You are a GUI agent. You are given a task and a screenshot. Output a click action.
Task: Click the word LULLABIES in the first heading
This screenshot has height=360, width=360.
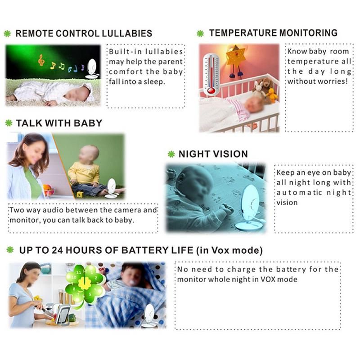click(x=127, y=33)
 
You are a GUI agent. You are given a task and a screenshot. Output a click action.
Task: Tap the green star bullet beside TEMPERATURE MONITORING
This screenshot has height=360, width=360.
click(x=200, y=33)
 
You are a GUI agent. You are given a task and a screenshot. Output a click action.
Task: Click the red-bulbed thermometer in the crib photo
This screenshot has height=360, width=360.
click(x=211, y=74)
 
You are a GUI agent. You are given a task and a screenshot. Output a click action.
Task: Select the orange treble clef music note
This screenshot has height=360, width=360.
click(x=41, y=60)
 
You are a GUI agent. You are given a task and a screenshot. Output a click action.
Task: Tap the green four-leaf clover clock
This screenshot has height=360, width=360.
click(x=84, y=284)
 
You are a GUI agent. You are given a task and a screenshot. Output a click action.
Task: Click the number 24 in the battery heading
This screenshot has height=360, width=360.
click(x=57, y=250)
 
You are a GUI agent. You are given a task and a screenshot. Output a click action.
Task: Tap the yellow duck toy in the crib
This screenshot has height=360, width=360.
click(x=272, y=95)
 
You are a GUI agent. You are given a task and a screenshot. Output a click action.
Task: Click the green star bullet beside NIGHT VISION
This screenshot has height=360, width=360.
click(x=171, y=154)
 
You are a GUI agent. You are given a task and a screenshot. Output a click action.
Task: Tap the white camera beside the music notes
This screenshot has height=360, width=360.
click(x=92, y=69)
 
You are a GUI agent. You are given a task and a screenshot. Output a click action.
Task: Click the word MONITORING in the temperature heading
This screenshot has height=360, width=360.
click(x=308, y=33)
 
